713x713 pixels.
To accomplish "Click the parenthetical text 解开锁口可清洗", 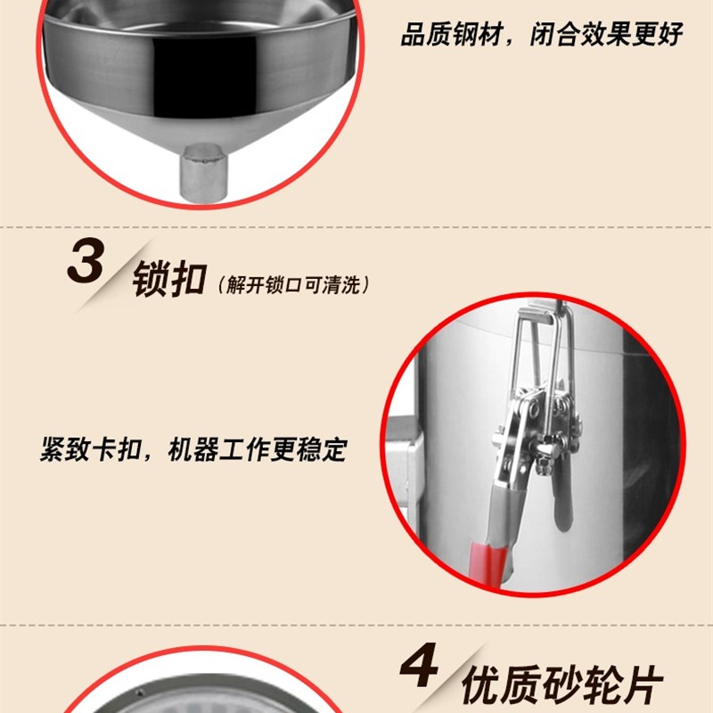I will coord(291,285).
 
